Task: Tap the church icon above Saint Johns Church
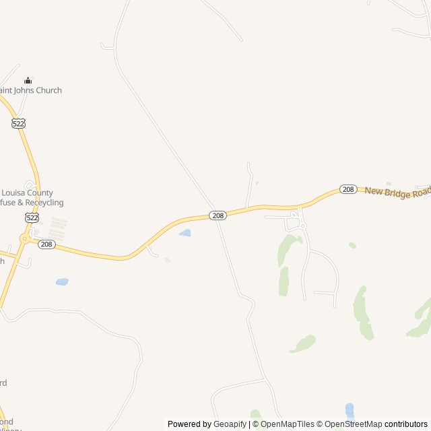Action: coord(28,80)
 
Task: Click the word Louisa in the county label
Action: coord(17,193)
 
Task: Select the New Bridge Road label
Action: coord(397,192)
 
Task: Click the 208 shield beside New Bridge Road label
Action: coord(348,189)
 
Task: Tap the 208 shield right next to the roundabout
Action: coord(46,244)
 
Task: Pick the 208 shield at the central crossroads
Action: coord(217,215)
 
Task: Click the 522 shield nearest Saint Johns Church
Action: coord(18,123)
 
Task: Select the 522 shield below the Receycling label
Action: coord(32,218)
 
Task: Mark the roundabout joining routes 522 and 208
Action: coord(25,238)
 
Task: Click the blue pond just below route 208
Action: coord(185,233)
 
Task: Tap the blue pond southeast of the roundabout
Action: coord(62,281)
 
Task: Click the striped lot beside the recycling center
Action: coord(59,228)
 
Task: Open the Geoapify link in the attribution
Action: coord(230,424)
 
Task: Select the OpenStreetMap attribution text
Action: coord(353,424)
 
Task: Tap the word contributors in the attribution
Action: coord(406,424)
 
